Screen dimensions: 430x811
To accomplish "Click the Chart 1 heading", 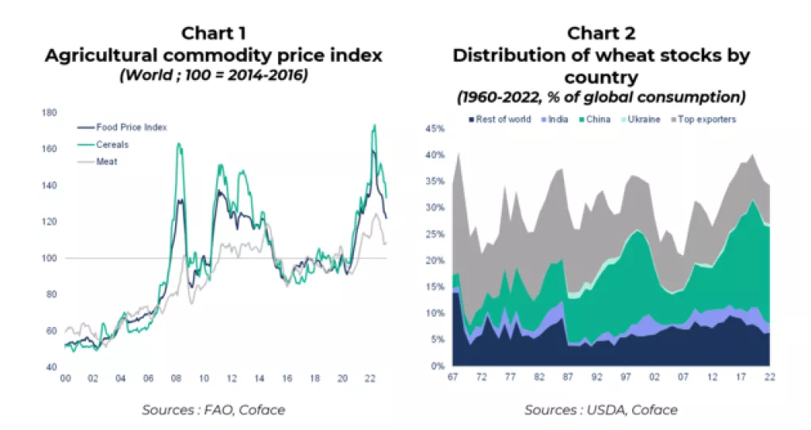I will pyautogui.click(x=213, y=33).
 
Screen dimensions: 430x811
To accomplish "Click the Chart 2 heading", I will pyautogui.click(x=601, y=33).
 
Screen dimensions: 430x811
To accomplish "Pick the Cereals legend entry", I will pyautogui.click(x=110, y=144).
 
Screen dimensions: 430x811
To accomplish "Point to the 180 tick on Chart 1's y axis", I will pyautogui.click(x=50, y=112).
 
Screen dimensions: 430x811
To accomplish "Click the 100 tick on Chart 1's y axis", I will pyautogui.click(x=50, y=258).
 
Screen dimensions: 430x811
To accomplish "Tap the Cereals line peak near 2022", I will pyautogui.click(x=373, y=125).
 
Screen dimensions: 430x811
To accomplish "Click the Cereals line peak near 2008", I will pyautogui.click(x=178, y=144).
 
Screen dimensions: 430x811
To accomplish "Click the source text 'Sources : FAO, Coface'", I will pyautogui.click(x=213, y=409).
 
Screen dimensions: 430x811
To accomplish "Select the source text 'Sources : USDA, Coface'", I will pyautogui.click(x=601, y=409).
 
